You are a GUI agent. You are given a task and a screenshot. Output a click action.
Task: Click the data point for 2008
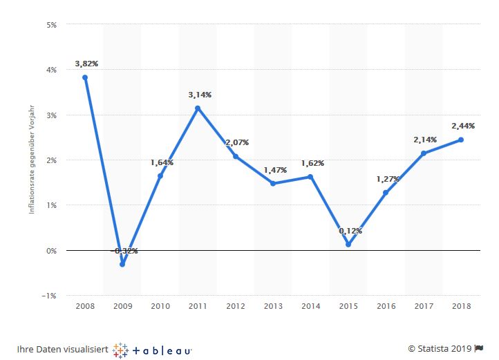click(x=85, y=77)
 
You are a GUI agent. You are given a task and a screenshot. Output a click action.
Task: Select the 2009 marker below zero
click(x=122, y=265)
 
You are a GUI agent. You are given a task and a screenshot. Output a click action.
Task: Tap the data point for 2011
click(x=198, y=108)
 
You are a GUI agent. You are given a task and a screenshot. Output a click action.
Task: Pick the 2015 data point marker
click(x=348, y=245)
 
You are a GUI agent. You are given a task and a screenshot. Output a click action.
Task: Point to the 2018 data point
click(x=461, y=140)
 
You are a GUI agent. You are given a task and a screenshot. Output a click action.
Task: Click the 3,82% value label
click(x=86, y=64)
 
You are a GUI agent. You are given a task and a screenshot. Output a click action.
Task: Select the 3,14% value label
click(x=199, y=95)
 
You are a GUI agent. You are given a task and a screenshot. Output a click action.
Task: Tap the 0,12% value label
click(x=350, y=231)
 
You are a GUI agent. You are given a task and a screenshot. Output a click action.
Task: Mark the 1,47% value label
click(x=274, y=169)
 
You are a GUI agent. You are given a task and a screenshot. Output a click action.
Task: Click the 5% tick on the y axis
click(x=52, y=25)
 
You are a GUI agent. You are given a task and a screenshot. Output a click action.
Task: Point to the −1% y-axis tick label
click(x=50, y=296)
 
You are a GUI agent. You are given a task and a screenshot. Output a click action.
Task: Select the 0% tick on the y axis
click(x=51, y=251)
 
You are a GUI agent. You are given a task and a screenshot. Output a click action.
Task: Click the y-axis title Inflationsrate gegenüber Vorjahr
click(x=31, y=160)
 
